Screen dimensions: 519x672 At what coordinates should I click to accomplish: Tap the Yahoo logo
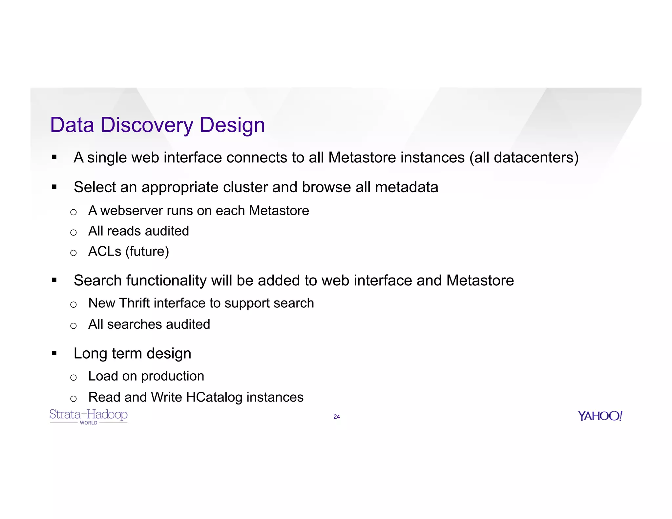point(600,416)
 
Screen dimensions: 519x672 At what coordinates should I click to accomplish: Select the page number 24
point(336,417)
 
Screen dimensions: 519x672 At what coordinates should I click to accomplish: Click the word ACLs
point(105,251)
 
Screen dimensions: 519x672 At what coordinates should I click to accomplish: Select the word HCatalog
point(214,397)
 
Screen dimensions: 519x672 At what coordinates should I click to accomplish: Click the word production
point(173,376)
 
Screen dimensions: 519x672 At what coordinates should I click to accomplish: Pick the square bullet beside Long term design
point(54,353)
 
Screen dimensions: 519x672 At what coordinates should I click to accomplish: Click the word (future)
point(147,252)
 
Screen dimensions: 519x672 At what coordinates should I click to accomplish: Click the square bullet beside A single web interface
point(54,157)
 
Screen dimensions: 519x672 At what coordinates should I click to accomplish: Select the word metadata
point(406,187)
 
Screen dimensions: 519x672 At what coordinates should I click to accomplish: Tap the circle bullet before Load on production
point(73,378)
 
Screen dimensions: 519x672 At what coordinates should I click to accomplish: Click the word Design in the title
point(232,125)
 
